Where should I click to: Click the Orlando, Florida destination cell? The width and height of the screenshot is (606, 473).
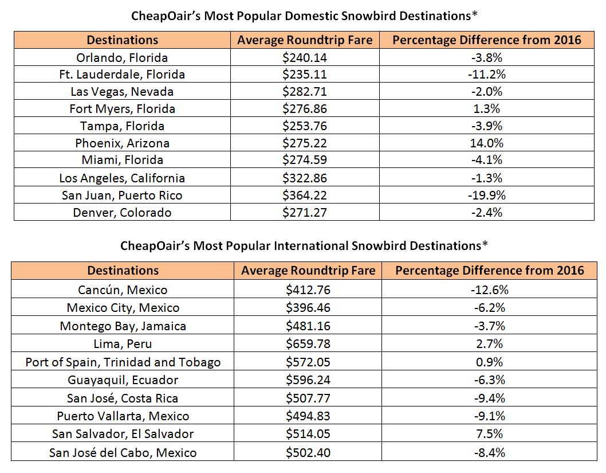click(122, 58)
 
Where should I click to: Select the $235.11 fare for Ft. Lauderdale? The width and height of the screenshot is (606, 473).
click(305, 75)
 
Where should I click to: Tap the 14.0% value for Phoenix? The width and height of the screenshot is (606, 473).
click(487, 143)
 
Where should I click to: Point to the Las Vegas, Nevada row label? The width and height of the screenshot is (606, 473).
click(122, 92)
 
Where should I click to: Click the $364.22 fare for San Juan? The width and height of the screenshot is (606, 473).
click(305, 195)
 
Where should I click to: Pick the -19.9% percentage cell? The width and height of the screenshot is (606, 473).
click(487, 195)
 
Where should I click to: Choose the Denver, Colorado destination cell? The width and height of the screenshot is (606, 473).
click(122, 212)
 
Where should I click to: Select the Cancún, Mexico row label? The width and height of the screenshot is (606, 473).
click(123, 290)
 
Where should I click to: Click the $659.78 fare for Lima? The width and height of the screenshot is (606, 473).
click(308, 344)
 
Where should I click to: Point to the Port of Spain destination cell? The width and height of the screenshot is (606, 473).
click(123, 362)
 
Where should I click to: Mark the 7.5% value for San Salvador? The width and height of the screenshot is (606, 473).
click(489, 434)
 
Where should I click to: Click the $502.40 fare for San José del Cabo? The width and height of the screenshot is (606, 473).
click(308, 452)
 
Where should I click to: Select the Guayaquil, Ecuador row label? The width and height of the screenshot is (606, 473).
click(123, 380)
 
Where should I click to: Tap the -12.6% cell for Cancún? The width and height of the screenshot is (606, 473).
click(489, 290)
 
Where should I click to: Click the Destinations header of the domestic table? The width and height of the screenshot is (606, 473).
click(122, 40)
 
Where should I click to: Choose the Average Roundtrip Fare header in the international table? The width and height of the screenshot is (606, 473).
click(308, 271)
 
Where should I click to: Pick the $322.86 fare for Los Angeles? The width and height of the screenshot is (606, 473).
click(305, 178)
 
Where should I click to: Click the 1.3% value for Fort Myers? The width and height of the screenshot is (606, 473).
click(487, 109)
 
